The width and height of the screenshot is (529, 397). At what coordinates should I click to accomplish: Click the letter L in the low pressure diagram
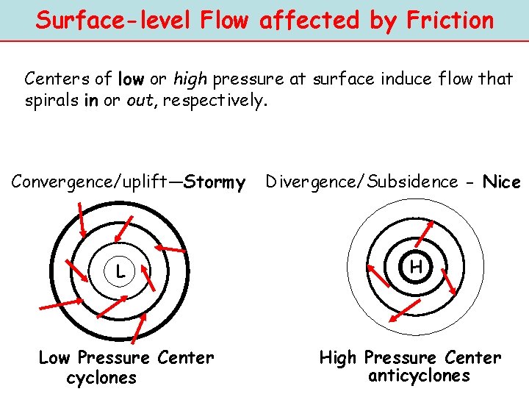click(x=119, y=271)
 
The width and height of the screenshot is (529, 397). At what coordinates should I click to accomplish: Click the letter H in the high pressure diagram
click(x=416, y=267)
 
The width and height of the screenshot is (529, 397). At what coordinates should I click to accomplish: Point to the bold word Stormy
click(x=215, y=182)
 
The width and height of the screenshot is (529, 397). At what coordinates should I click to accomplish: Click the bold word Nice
click(x=501, y=182)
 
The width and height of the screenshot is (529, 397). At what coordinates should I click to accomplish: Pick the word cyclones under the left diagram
click(x=101, y=378)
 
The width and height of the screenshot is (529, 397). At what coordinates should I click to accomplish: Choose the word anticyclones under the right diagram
click(x=418, y=376)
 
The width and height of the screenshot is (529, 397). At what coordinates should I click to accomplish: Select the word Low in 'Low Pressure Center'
click(x=54, y=358)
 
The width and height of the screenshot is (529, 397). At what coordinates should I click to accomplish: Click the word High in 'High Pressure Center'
click(x=338, y=358)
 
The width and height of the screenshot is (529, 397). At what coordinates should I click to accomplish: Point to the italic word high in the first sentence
click(x=190, y=78)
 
